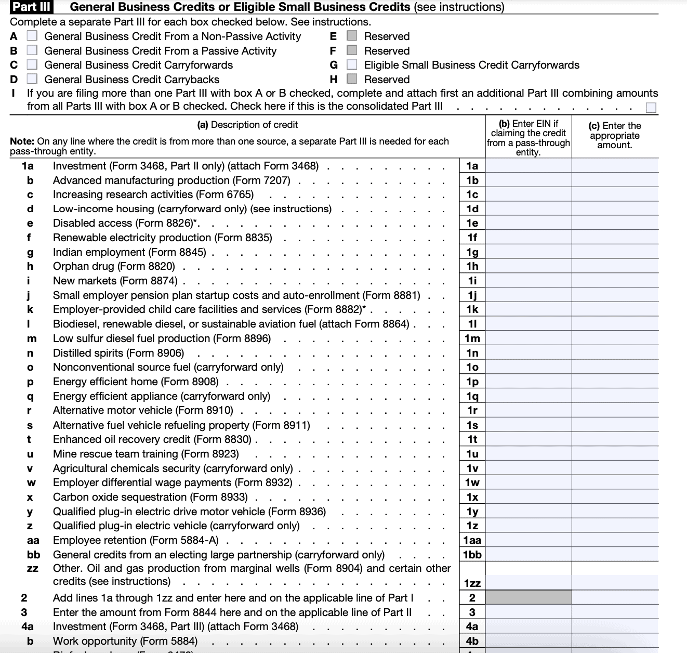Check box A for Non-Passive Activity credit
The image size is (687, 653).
[32, 36]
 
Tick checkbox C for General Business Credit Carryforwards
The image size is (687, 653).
[32, 65]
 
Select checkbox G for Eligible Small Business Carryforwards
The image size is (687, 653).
[352, 65]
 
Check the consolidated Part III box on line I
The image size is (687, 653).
[651, 108]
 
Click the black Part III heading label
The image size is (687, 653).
[32, 7]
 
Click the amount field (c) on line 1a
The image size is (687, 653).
[615, 166]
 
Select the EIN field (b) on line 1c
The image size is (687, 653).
[528, 194]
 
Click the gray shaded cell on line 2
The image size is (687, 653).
[528, 598]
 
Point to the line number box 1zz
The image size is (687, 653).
[472, 583]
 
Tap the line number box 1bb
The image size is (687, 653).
[472, 555]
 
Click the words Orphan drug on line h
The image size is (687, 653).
[84, 266]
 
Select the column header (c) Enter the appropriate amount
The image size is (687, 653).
[615, 135]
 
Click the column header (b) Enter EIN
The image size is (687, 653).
[528, 137]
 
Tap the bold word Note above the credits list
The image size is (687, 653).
[22, 141]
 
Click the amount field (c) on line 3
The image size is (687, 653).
[615, 612]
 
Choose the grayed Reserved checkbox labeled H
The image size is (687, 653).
[352, 80]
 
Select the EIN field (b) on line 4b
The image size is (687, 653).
[528, 641]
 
